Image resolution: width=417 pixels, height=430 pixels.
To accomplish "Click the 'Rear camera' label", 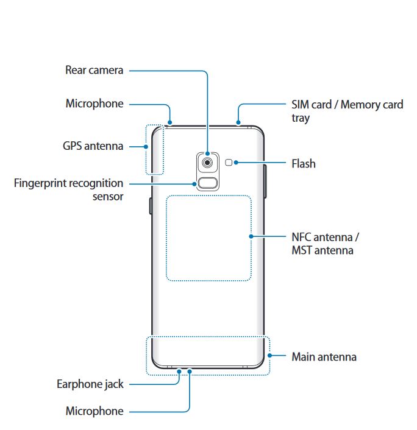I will click(94, 70).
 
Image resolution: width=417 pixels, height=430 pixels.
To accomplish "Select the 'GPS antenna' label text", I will click(93, 146).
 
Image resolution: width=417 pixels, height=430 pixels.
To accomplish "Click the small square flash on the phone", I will click(229, 163).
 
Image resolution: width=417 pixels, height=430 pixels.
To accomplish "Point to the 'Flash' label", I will click(304, 163).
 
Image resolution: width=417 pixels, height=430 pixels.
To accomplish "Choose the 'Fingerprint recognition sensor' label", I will click(68, 189).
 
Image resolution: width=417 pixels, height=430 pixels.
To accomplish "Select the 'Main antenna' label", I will click(324, 356).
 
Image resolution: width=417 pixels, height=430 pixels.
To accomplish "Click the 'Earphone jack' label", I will click(90, 384).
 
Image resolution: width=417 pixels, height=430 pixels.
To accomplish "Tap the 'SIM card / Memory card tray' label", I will click(347, 110).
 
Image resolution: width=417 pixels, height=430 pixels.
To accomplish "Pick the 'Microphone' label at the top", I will click(94, 104).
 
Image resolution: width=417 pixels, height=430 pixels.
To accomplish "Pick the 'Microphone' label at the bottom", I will click(94, 411).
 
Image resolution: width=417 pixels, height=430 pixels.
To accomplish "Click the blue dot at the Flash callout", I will click(236, 163).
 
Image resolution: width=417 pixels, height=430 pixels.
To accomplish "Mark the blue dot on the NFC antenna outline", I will click(251, 236).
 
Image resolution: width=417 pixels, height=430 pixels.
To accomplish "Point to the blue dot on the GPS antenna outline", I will click(147, 146).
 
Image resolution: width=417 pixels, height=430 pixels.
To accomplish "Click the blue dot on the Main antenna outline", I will click(269, 356).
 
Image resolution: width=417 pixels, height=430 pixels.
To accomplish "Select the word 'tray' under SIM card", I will click(300, 118).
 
